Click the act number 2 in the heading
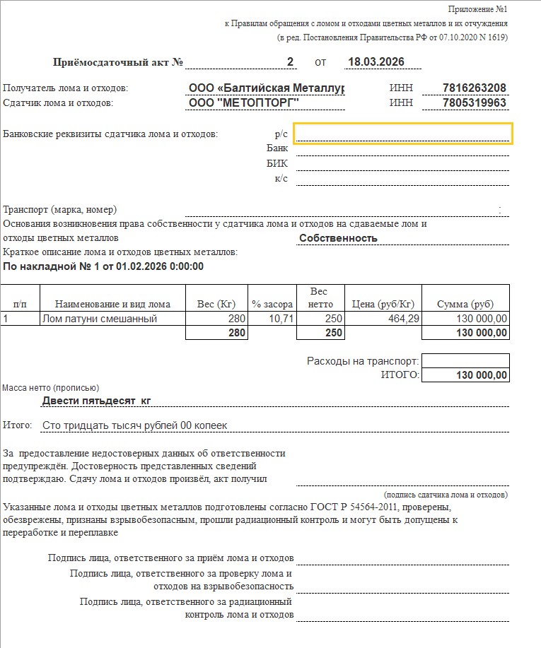coord(290,62)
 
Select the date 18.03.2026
coord(376,62)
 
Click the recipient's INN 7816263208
coord(474,88)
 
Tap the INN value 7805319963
coord(474,103)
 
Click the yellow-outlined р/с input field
coord(402,133)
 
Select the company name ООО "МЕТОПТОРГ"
coord(244,103)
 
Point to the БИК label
coord(277,163)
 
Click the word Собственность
coord(338,238)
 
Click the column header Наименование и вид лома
coord(112,305)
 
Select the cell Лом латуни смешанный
coord(98,319)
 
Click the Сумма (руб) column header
coord(465,305)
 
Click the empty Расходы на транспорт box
coord(465,360)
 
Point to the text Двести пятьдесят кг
coord(97,401)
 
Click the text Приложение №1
coord(477,9)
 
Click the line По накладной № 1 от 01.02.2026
coord(103,266)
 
